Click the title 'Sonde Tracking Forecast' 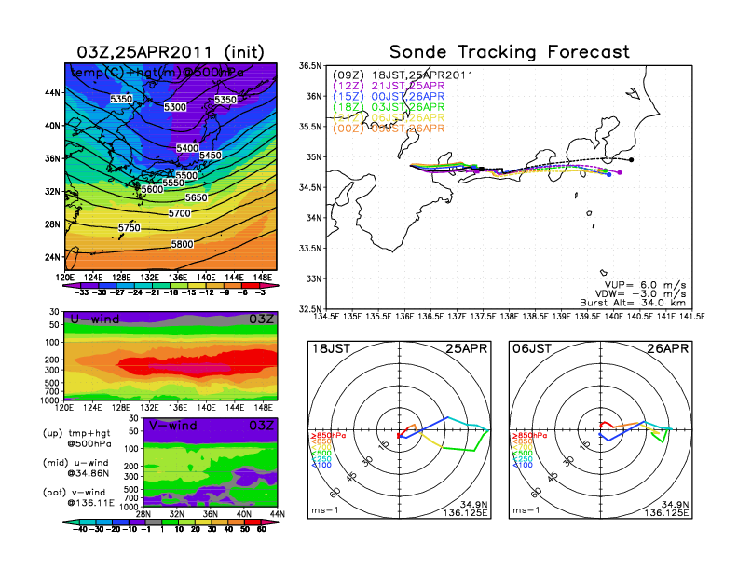pyautogui.click(x=509, y=51)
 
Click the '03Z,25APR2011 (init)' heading pyautogui.click(x=169, y=51)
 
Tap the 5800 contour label pyautogui.click(x=184, y=244)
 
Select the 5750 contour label pyautogui.click(x=130, y=228)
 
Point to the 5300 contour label pyautogui.click(x=174, y=107)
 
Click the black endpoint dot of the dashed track pyautogui.click(x=632, y=159)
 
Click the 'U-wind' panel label pyautogui.click(x=93, y=321)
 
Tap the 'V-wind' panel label pyautogui.click(x=175, y=427)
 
